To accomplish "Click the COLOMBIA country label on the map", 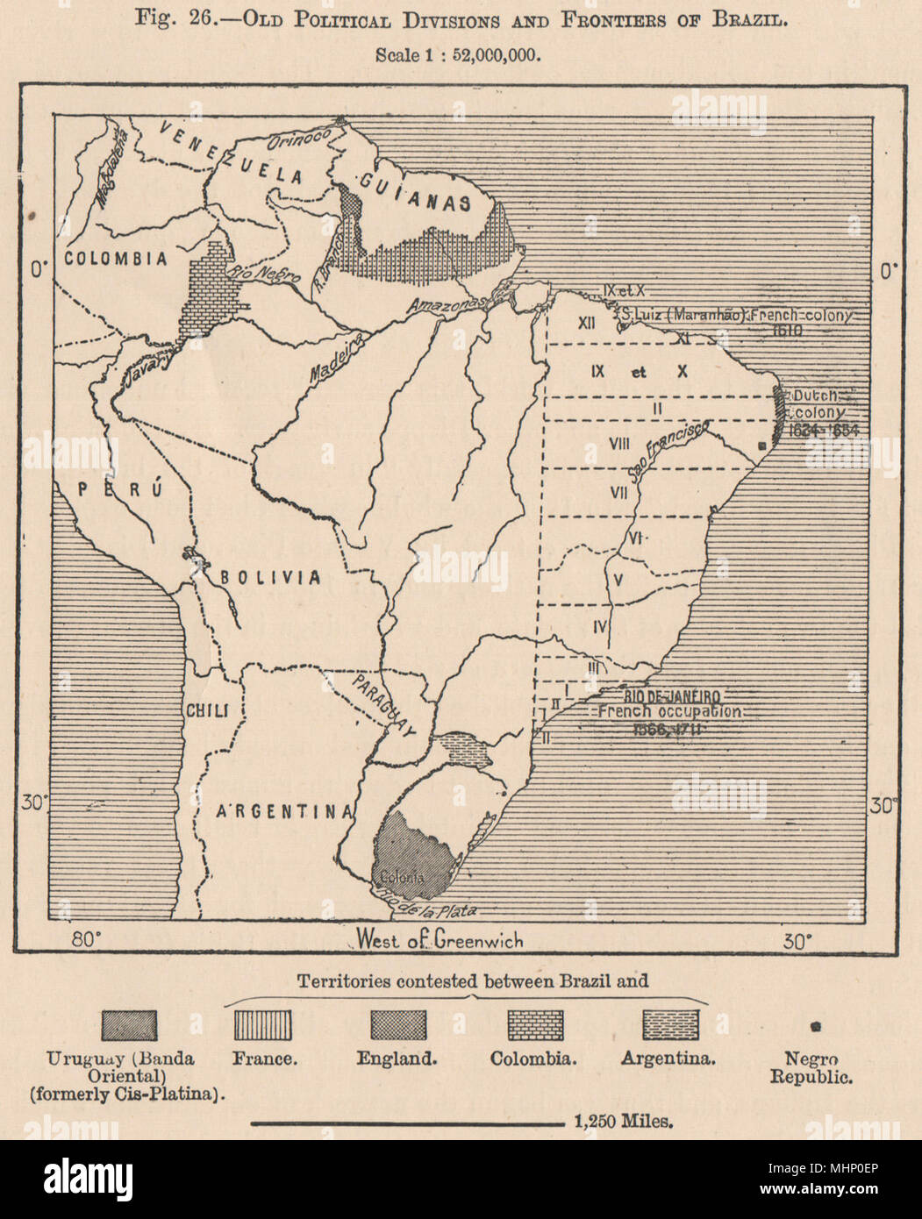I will pos(114,259).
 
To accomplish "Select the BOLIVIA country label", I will pos(269,577).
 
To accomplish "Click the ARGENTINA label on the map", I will pos(283,811).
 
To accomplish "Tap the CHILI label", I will pos(205,710).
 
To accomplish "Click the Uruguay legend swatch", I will pos(129,1024).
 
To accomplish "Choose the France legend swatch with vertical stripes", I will pos(263,1024).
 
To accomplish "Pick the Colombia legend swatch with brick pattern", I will pos(535,1024).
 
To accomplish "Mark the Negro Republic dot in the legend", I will pos(815,1025).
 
